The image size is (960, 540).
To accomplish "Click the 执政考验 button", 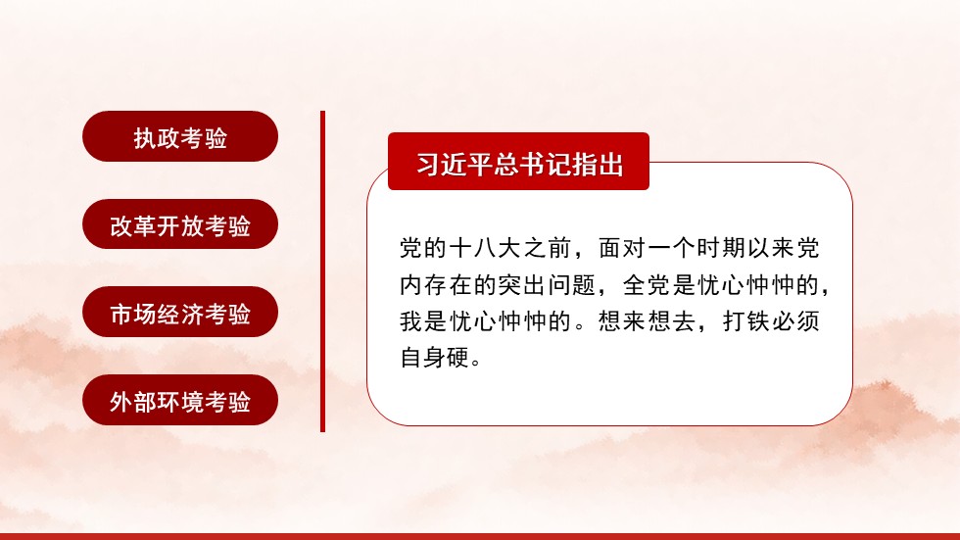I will click(180, 136).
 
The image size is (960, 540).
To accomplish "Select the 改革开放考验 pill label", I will click(180, 224).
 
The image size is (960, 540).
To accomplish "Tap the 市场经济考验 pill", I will click(180, 313).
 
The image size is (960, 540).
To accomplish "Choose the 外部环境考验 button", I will click(180, 401).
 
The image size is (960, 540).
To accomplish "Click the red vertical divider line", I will click(322, 270).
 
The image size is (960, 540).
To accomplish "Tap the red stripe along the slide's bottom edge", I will click(480, 536).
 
